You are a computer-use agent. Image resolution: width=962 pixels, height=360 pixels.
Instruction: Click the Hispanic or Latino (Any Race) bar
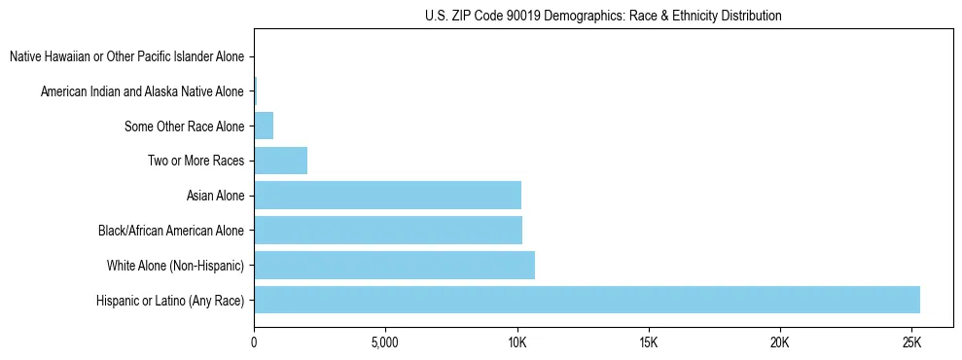click(587, 300)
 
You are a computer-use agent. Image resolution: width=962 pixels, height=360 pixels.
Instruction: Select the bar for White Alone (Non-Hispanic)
click(394, 265)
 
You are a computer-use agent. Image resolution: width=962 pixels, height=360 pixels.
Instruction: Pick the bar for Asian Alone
click(387, 196)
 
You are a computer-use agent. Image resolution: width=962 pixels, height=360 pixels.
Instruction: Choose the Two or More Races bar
click(280, 161)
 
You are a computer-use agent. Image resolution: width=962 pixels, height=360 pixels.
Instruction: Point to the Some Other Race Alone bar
click(264, 126)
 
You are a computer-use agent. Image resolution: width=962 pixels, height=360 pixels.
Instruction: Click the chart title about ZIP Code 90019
click(603, 16)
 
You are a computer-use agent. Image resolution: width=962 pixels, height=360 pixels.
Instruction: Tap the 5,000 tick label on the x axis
click(385, 343)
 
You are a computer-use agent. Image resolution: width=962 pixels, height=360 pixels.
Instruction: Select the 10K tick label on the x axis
click(517, 343)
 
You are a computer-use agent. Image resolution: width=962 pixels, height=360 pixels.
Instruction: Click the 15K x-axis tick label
click(649, 343)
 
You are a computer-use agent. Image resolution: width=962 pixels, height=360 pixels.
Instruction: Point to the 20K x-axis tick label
click(780, 343)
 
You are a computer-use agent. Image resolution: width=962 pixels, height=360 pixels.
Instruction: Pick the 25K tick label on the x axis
click(911, 343)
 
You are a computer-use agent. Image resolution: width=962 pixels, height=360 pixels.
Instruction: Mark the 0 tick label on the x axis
click(254, 343)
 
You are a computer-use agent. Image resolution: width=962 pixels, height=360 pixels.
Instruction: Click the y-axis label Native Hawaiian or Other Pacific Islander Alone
click(126, 56)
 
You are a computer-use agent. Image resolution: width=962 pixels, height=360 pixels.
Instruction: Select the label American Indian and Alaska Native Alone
click(142, 91)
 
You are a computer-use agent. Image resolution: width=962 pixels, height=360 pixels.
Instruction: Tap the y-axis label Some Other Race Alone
click(184, 126)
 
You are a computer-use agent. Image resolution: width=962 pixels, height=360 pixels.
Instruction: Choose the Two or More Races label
click(196, 161)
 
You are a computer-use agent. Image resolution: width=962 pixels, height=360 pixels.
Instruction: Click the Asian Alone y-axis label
click(215, 196)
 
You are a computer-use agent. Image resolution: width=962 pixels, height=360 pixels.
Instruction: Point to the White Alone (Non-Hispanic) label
click(175, 266)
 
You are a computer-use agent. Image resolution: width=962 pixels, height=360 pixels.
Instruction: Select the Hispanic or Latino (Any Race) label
click(170, 301)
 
